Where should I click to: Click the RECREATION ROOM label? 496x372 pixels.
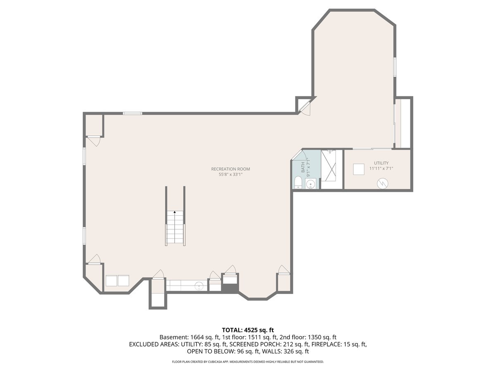click(231, 169)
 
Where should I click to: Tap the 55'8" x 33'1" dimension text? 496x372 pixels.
click(231, 174)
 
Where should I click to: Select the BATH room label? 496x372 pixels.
click(303, 167)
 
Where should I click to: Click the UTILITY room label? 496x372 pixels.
click(381, 163)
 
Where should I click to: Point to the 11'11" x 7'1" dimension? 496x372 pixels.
click(381, 168)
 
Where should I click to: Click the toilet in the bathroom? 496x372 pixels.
click(298, 182)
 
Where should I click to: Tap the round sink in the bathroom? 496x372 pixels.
click(311, 184)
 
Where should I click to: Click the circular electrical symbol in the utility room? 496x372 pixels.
click(383, 184)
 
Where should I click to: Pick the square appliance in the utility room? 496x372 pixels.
click(359, 169)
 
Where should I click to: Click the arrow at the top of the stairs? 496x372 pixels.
click(174, 212)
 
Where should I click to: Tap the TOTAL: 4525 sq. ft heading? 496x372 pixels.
click(248, 330)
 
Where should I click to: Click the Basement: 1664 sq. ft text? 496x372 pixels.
click(189, 337)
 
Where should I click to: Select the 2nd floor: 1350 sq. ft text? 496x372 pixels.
click(308, 337)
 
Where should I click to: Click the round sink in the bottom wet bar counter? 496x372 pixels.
click(199, 286)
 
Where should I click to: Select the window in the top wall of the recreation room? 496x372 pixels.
click(132, 113)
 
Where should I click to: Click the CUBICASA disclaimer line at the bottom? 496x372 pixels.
click(248, 362)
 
